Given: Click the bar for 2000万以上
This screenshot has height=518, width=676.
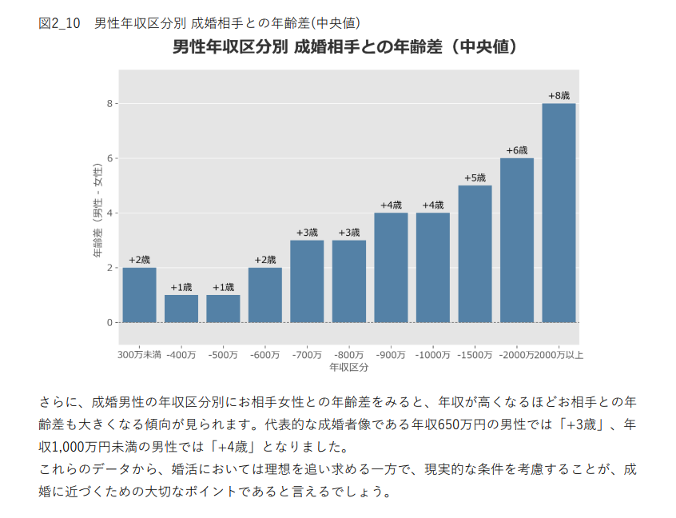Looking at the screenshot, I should [x=559, y=213].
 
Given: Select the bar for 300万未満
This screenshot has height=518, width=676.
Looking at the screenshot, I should [x=139, y=295].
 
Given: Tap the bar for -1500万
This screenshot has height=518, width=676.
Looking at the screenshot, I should [x=475, y=253].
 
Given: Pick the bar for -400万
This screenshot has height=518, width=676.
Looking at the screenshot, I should [x=181, y=309].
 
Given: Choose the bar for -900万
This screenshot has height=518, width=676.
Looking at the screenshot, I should [x=391, y=267].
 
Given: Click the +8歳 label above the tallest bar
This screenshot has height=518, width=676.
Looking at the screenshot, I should [x=559, y=96].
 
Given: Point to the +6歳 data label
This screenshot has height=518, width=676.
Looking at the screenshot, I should [x=517, y=150].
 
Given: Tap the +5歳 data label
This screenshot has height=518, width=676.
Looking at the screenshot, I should [x=475, y=177].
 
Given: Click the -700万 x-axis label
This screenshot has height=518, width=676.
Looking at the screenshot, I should [x=307, y=354].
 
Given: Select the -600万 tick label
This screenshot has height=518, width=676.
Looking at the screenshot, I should [x=264, y=354].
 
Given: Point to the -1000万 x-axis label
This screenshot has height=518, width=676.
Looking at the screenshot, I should [x=432, y=354].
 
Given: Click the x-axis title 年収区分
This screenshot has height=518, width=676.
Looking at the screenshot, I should [x=348, y=367].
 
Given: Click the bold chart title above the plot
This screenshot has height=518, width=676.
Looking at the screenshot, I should [x=348, y=46].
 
